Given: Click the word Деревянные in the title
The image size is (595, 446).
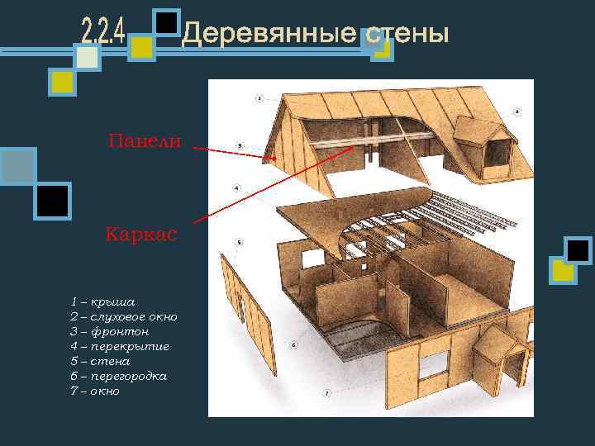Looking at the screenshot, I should tap(268, 35).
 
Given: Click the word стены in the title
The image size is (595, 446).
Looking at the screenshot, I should tap(407, 35).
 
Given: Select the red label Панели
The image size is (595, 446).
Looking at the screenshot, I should tap(145, 141).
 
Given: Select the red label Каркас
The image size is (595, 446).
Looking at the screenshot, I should tap(141, 235).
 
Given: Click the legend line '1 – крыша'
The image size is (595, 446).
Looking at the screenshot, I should tap(102, 302).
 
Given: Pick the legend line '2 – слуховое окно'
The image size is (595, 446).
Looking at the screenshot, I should tap(123, 317).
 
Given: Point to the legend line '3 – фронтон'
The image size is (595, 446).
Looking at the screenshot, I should tap(109, 332).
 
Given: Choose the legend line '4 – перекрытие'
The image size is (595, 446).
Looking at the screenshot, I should tap(119, 347).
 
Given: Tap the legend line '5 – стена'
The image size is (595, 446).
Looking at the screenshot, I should tap(100, 362).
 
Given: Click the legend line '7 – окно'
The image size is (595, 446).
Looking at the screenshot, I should tap(95, 391).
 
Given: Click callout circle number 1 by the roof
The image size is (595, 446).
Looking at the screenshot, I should tap(259, 98).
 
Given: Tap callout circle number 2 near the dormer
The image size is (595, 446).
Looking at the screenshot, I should tap(516, 111).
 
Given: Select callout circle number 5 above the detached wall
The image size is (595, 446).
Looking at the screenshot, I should tap(238, 242).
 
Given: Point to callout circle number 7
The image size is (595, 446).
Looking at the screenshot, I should tap(326, 394).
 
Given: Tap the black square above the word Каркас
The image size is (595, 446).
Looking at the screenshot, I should tap(52, 201).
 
